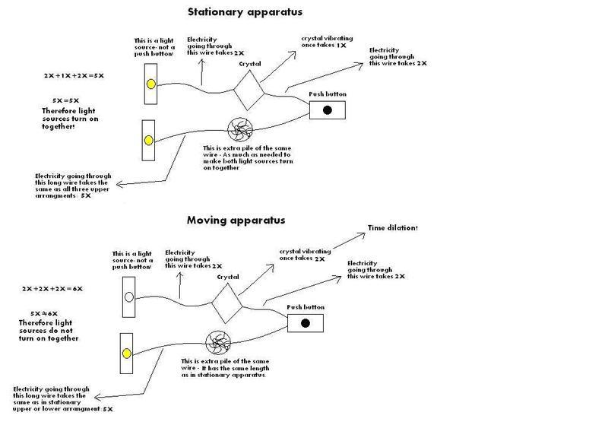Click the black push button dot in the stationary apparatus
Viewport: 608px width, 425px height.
pyautogui.click(x=328, y=110)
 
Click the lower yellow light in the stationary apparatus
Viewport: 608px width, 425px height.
pyautogui.click(x=149, y=140)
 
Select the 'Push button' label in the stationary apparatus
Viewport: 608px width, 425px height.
pyautogui.click(x=328, y=94)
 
